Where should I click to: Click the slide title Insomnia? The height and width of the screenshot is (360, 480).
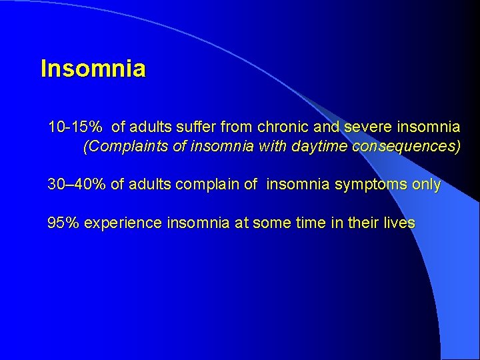93,69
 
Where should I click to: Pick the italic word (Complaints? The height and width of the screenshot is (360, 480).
125,147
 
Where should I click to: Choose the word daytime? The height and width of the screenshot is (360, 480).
321,147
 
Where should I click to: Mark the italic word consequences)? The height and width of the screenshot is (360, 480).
407,147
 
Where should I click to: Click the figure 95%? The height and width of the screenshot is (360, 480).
63,223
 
